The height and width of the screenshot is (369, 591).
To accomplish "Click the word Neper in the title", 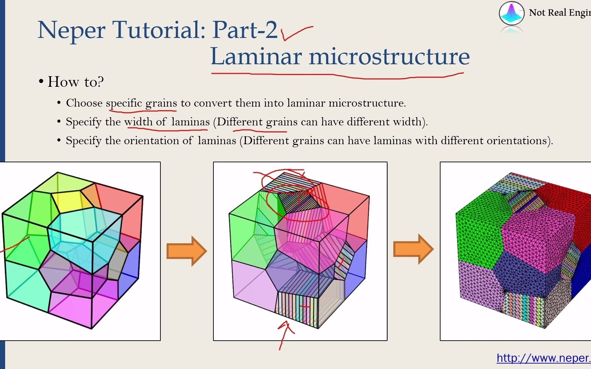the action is click(71, 30).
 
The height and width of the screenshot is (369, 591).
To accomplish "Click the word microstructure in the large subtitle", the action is click(390, 56).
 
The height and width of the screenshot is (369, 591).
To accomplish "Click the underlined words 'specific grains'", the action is click(142, 103).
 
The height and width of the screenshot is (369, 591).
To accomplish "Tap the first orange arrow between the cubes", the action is click(187, 251).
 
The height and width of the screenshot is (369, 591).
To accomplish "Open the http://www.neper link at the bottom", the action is click(544, 358).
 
